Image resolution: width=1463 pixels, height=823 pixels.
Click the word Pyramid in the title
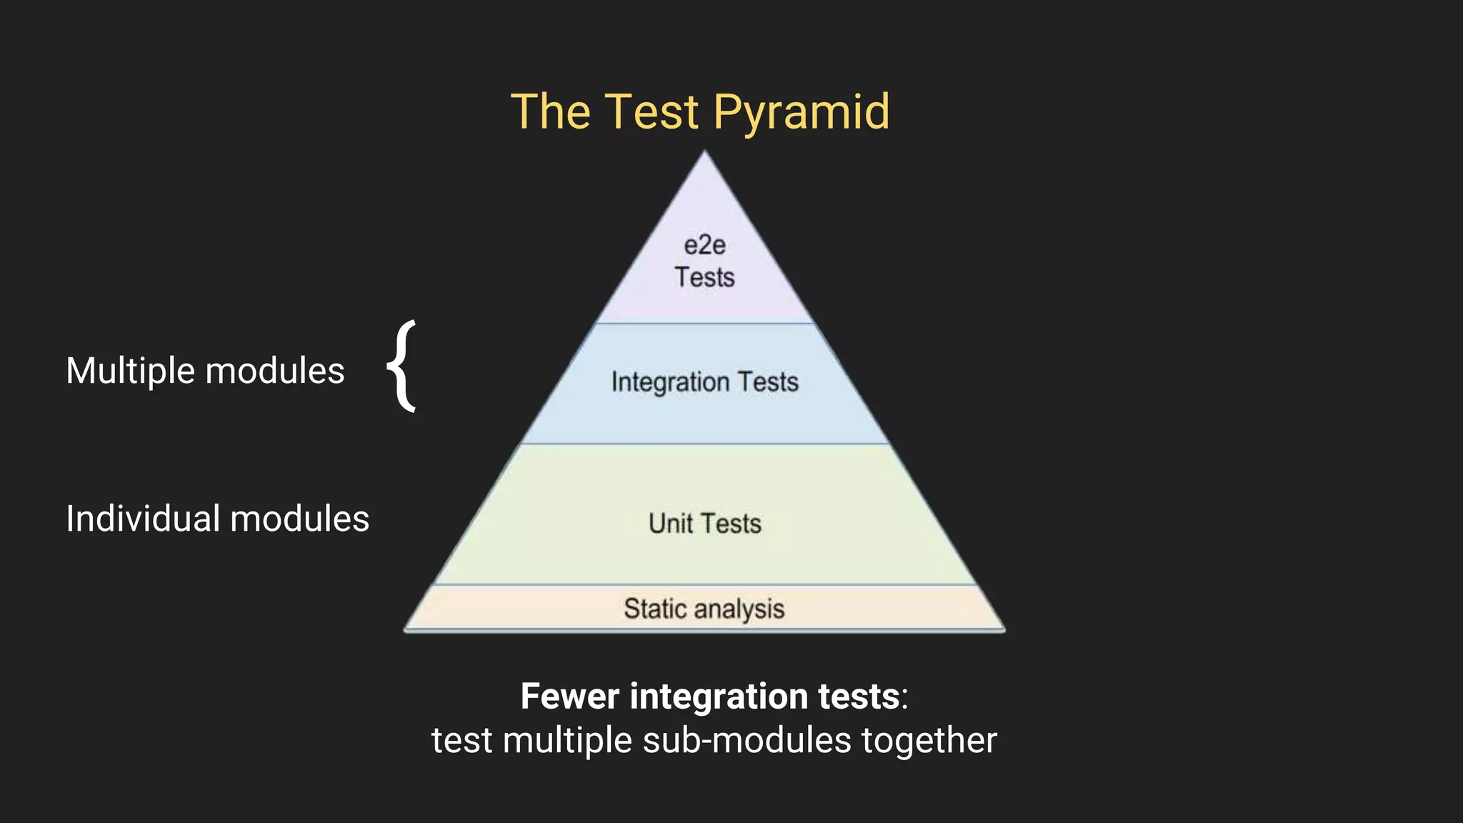pyautogui.click(x=801, y=113)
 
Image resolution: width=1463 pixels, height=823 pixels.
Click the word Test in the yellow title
pyautogui.click(x=651, y=113)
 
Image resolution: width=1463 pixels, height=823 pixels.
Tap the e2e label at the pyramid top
pyautogui.click(x=704, y=246)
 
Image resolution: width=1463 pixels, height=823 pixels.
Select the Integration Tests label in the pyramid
pyautogui.click(x=704, y=382)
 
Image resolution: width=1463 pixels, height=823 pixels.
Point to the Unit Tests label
pyautogui.click(x=704, y=524)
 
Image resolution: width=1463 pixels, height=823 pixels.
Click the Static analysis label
pyautogui.click(x=704, y=609)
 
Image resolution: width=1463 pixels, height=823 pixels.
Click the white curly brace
pyautogui.click(x=402, y=366)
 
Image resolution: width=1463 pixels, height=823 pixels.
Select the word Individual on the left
pyautogui.click(x=142, y=519)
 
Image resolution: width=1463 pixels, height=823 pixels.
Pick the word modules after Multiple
pyautogui.click(x=275, y=371)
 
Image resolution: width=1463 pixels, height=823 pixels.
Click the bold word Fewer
pyautogui.click(x=569, y=697)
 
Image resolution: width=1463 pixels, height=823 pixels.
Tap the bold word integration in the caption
pyautogui.click(x=717, y=697)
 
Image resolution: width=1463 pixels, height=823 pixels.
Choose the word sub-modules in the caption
pyautogui.click(x=747, y=740)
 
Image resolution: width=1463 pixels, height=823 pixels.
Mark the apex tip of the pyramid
pyautogui.click(x=704, y=152)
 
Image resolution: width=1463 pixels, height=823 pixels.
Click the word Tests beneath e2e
pyautogui.click(x=704, y=277)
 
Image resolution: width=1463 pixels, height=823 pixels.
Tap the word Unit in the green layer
pyautogui.click(x=670, y=524)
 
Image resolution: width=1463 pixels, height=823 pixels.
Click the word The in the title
pyautogui.click(x=551, y=113)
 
